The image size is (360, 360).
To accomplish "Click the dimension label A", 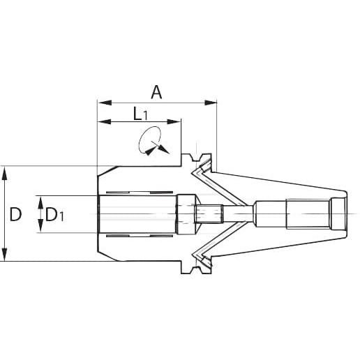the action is point(156,92).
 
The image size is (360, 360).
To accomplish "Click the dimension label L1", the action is point(140,114).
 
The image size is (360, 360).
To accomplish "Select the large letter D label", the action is point(16,214).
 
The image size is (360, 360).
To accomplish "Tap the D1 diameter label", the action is point(54,215).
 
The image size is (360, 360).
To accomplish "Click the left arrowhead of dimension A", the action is point(105,103).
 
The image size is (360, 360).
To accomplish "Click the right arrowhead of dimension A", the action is point(211,103).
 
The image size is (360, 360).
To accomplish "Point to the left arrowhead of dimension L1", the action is point(105,121).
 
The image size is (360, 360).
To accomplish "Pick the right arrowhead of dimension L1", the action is point(174,121).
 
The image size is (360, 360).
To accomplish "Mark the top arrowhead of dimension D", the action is point(5,173).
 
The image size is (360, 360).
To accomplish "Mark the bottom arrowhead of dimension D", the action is point(5,255).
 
